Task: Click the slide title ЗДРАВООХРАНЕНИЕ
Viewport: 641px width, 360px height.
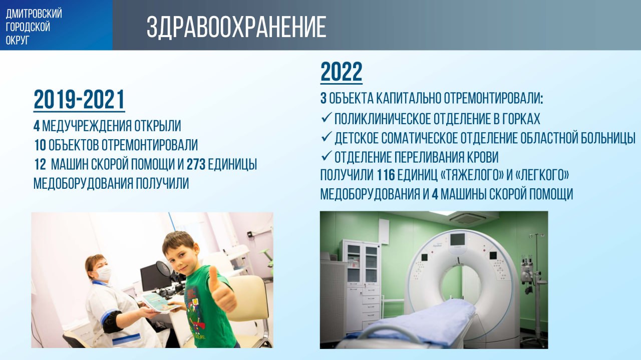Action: pos(236,27)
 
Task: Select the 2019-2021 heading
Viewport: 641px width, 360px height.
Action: pos(79,100)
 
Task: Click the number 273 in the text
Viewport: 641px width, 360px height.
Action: pos(196,164)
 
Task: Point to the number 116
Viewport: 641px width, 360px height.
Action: pos(386,175)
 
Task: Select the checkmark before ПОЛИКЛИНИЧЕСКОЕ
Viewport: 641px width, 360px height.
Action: pos(326,117)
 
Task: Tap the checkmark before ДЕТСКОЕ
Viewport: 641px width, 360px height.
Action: pos(326,137)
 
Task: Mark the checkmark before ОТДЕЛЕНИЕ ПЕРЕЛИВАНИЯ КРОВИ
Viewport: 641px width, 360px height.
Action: pos(326,156)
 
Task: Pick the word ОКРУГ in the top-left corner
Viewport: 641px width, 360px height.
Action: pos(18,40)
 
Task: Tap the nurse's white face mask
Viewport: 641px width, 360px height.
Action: pos(103,273)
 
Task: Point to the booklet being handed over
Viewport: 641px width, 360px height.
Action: pos(160,302)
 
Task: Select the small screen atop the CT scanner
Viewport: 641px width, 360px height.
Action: pos(458,240)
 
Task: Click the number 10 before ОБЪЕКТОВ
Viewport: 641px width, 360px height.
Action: pos(41,145)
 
